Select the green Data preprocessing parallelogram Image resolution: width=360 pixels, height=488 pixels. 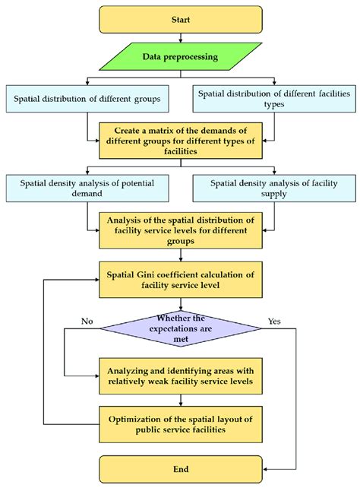181,56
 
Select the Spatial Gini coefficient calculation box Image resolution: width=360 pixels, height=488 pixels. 181,279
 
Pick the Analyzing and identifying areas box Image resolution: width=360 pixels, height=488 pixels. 181,375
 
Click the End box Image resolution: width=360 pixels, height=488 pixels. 181,468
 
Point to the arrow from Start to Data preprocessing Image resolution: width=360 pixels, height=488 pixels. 181,36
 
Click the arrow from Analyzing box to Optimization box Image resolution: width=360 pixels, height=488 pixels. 181,398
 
